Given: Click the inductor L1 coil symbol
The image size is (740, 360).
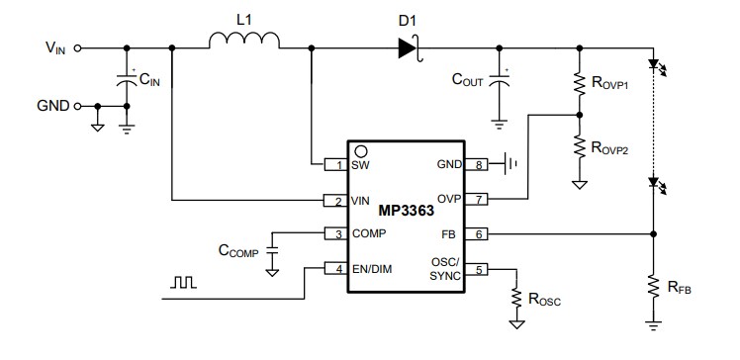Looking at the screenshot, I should [x=244, y=40].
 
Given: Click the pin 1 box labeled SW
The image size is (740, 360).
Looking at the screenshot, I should [x=336, y=164].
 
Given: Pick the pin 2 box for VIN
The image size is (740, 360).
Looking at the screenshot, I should [x=336, y=201].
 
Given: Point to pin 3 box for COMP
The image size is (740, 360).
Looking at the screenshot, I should [x=336, y=234].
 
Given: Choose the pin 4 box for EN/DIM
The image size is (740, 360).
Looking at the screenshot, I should [x=336, y=269].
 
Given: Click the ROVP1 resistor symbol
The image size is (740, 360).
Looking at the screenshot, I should [x=579, y=85].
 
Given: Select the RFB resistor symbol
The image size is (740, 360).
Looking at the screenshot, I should [x=652, y=287].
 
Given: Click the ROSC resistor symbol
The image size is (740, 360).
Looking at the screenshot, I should [x=515, y=296].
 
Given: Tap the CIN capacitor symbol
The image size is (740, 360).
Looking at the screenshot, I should [x=127, y=82].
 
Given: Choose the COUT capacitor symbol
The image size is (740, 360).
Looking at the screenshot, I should [x=500, y=82].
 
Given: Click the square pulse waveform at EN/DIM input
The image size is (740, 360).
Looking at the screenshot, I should [x=184, y=284].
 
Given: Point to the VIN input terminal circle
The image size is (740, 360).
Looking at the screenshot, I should [x=78, y=46].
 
